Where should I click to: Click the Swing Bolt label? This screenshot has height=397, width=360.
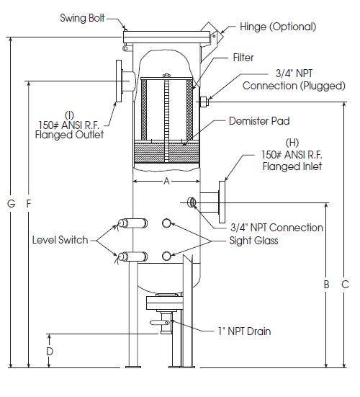coord(82,18)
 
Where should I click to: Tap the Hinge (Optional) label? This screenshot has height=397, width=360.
coord(278,27)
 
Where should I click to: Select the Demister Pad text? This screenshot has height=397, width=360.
coord(259,121)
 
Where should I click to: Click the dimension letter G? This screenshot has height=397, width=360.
coord(12,203)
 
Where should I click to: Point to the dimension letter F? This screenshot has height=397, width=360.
coord(29,203)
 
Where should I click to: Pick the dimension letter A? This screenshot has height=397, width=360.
coord(166,181)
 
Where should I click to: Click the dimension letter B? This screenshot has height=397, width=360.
coord(326,285)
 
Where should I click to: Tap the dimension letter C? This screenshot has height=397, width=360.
coord(345,285)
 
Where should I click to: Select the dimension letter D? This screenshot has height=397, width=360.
coord(50,351)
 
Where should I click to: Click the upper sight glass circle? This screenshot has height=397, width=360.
coord(166,223)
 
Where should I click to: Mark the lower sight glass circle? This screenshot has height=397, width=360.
coord(166,257)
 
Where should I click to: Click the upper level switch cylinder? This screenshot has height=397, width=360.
coord(132,223)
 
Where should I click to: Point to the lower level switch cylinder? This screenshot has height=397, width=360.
coord(132,257)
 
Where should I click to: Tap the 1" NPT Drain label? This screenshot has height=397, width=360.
coord(244,331)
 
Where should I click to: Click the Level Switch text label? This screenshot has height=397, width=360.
coord(60,240)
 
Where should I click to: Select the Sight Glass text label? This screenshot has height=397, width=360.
coord(253,241)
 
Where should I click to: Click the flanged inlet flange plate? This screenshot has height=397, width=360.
coord(222,202)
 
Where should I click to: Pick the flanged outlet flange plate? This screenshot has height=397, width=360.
coord(119,81)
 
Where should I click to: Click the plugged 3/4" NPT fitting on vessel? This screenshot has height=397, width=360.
coord(204,102)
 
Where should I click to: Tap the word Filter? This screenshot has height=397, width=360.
coord(243,58)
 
